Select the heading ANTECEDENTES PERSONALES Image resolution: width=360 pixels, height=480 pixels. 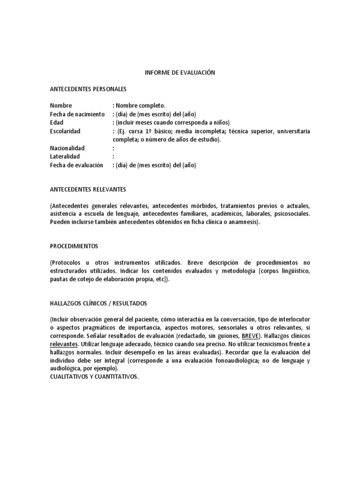[x=88, y=89]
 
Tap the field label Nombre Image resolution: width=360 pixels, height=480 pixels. [x=61, y=105]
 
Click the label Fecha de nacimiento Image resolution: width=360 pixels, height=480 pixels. [x=77, y=114]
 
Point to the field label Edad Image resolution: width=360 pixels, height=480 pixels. [x=57, y=123]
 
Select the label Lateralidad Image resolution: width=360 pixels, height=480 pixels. [x=65, y=157]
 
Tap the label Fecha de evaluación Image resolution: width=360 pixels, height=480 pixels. [x=76, y=165]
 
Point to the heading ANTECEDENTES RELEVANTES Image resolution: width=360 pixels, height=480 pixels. [x=88, y=189]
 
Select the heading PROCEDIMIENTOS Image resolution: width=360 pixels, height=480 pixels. [x=74, y=246]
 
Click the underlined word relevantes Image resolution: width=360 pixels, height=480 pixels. [x=63, y=345]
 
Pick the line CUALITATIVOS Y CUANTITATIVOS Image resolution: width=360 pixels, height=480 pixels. [x=94, y=377]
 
